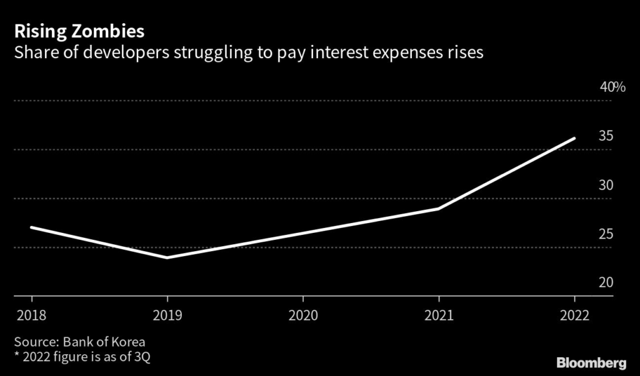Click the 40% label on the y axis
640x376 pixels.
612,87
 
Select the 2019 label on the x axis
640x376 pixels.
166,315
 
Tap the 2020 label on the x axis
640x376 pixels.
302,315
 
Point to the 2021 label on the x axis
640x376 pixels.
439,315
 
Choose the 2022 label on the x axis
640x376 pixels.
575,315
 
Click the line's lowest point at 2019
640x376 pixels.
167,257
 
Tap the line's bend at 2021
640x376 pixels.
439,209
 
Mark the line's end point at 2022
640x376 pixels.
574,138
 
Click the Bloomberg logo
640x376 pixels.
591,362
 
